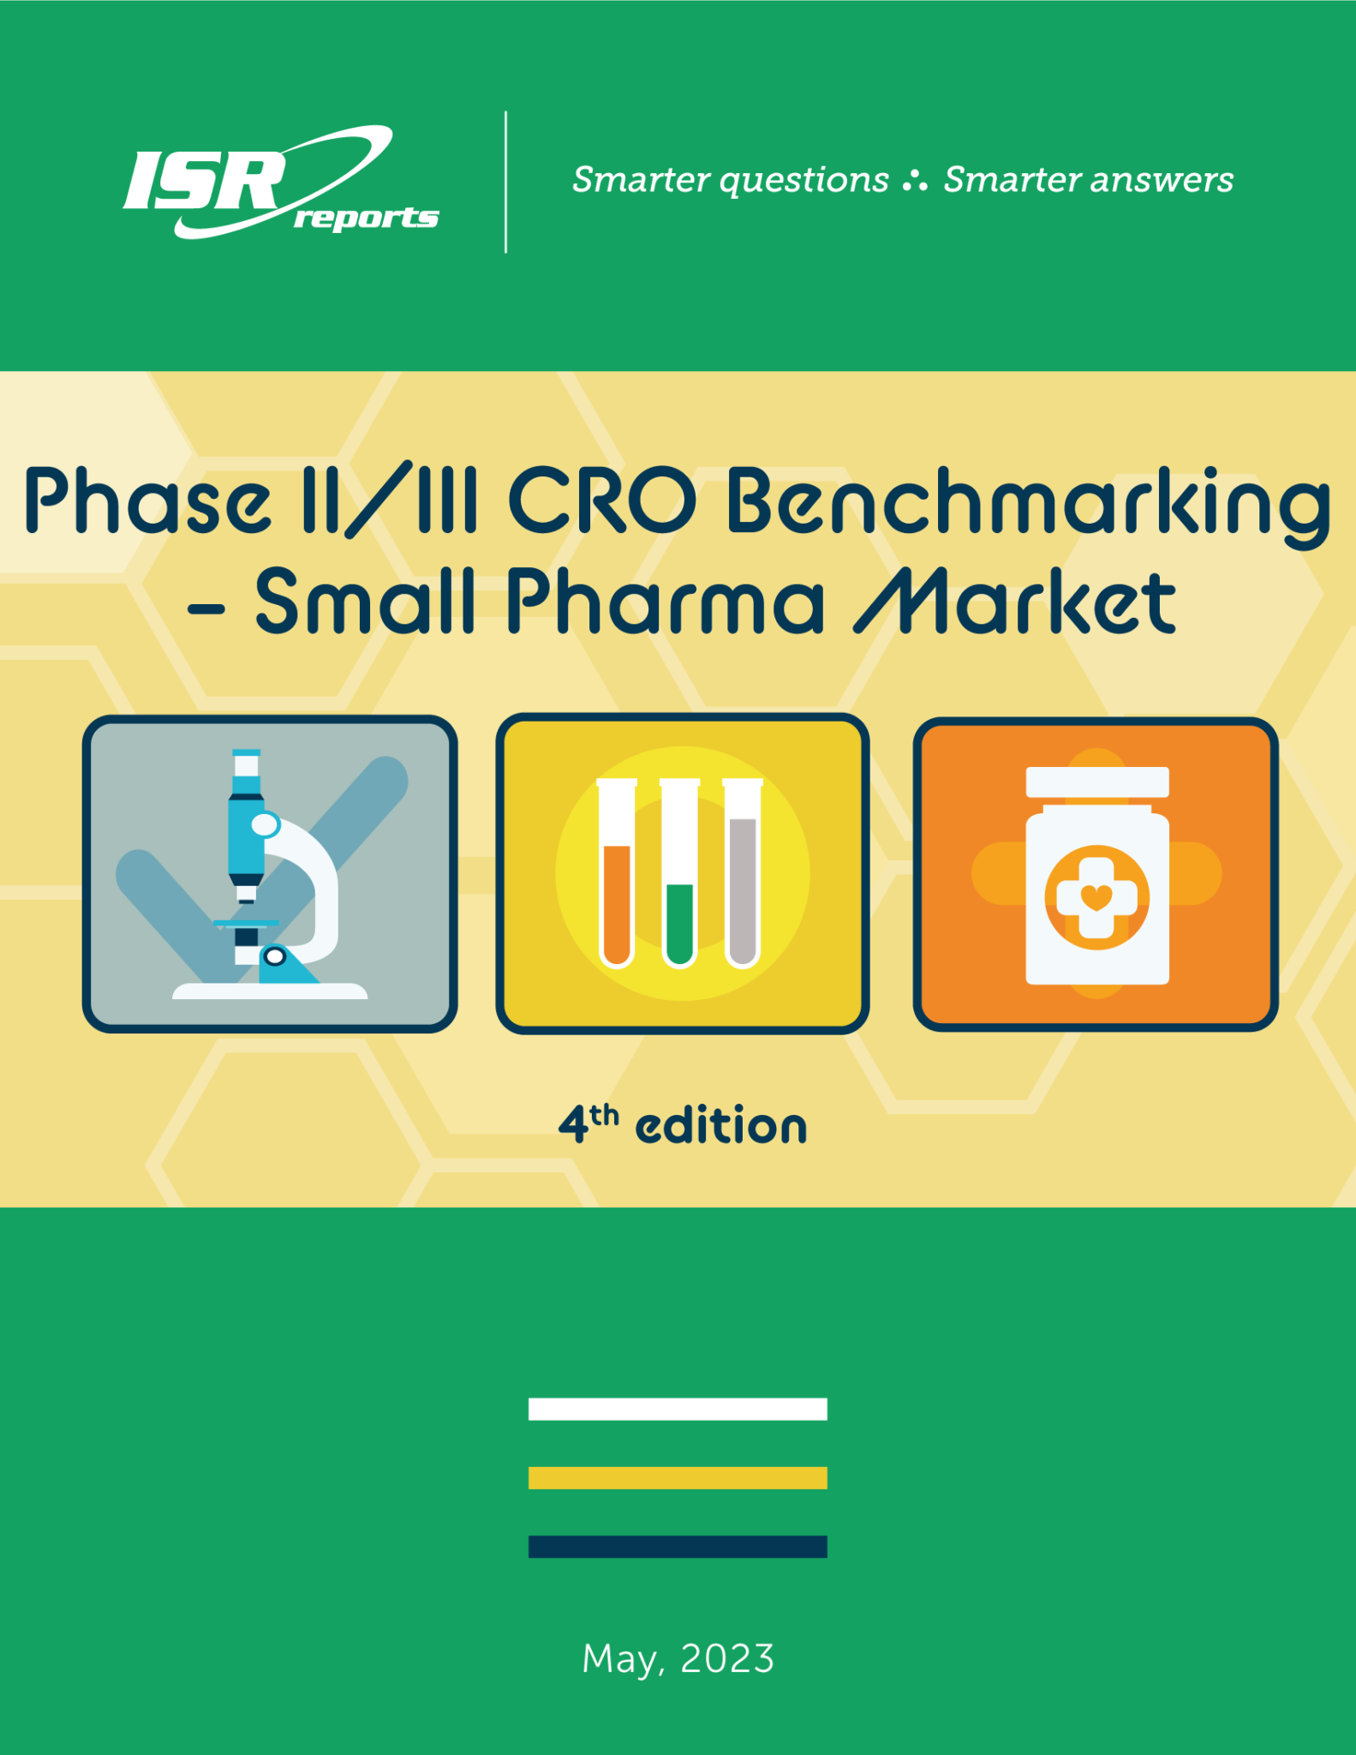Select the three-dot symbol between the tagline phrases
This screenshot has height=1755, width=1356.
(x=915, y=181)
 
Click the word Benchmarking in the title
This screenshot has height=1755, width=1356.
(x=1028, y=503)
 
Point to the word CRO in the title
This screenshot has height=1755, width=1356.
(x=602, y=501)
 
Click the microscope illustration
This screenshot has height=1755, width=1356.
(x=269, y=874)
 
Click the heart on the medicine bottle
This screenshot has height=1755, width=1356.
(x=1096, y=897)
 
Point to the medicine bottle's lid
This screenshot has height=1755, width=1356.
(x=1097, y=782)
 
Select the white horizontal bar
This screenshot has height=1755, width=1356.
(x=678, y=1409)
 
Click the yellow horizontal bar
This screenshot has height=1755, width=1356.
(x=678, y=1477)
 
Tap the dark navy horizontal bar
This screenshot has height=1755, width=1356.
(x=678, y=1547)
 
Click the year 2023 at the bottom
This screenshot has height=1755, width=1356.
(x=727, y=1659)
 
